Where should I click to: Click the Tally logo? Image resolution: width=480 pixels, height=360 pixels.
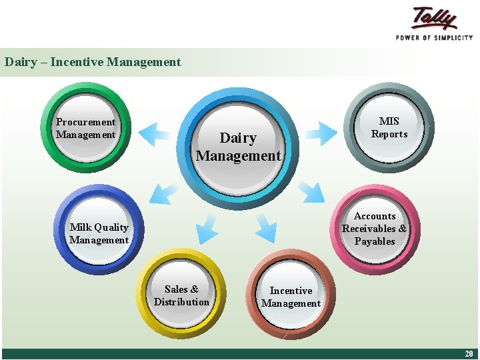[434, 18]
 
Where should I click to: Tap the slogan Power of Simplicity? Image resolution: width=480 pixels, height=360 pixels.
[434, 38]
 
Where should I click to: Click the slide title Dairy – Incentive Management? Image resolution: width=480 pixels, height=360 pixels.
[93, 62]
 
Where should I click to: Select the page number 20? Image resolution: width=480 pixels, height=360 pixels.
[469, 354]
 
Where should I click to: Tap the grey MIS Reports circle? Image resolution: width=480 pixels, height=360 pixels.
[389, 127]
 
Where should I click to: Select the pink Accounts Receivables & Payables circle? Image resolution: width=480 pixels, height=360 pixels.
[375, 229]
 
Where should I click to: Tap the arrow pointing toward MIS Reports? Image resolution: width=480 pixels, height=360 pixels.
[321, 133]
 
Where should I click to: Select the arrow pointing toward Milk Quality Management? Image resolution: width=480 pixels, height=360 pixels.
[163, 193]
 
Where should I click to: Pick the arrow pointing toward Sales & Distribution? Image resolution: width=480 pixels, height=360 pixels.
[207, 228]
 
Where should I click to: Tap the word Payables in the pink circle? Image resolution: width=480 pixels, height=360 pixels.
[375, 241]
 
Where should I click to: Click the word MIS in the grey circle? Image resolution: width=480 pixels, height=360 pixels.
[389, 121]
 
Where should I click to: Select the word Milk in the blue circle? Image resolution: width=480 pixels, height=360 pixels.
[81, 227]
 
